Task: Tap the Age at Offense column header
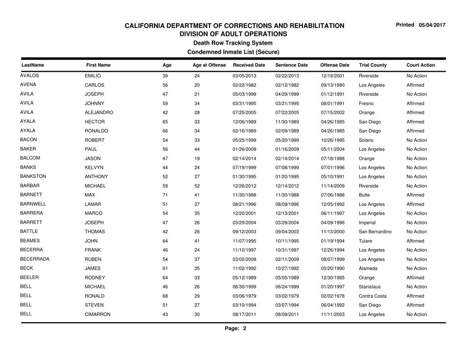pos(209,65)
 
